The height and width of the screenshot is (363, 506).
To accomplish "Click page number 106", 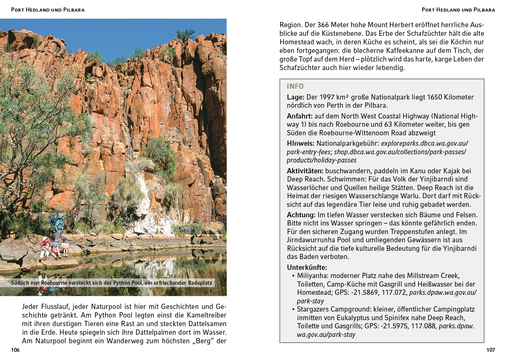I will pyautogui.click(x=15, y=350).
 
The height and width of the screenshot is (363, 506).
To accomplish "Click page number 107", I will pyautogui.click(x=490, y=350).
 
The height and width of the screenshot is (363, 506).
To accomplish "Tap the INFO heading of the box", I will pyautogui.click(x=295, y=86).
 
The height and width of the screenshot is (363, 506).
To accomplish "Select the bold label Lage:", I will pyautogui.click(x=295, y=97).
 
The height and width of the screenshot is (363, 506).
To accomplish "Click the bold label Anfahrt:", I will pyautogui.click(x=300, y=116).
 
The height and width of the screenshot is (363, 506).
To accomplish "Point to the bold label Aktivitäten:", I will pyautogui.click(x=305, y=171).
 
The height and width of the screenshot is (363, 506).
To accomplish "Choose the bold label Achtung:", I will pyautogui.click(x=301, y=215).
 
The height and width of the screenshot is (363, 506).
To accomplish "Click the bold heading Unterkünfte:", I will pyautogui.click(x=307, y=268).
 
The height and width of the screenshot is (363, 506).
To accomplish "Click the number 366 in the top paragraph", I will pyautogui.click(x=323, y=25).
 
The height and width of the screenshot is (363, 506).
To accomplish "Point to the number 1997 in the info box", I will pyautogui.click(x=327, y=97).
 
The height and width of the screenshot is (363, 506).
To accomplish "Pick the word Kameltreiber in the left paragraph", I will pyautogui.click(x=206, y=315).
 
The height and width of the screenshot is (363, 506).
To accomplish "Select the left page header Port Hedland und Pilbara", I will pyautogui.click(x=48, y=10).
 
